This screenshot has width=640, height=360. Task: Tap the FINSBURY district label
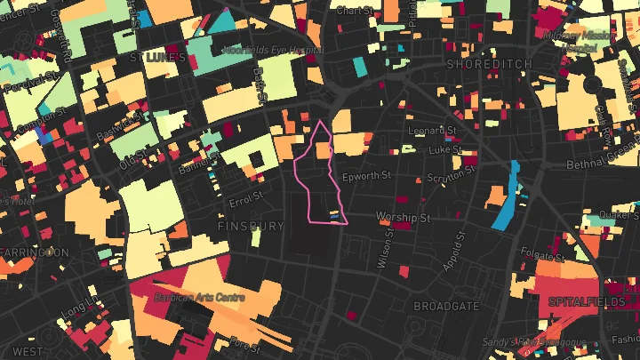251,227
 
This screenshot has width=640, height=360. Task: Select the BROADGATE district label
446,306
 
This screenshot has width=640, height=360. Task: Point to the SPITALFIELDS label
588,302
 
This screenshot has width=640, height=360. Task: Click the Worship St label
403,217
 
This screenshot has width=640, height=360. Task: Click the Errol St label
245,196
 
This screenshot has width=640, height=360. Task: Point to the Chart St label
353,10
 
